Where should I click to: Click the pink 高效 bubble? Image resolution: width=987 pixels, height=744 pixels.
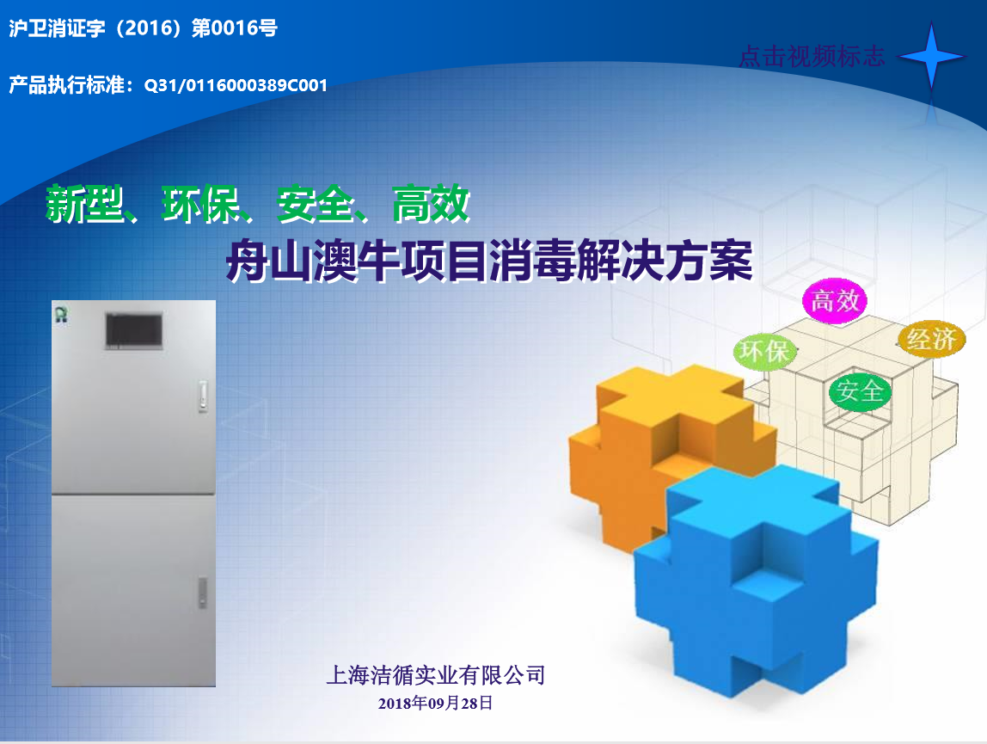(835, 300)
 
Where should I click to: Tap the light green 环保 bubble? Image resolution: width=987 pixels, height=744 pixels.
(765, 351)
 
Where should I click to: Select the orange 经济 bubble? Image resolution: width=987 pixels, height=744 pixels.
(932, 340)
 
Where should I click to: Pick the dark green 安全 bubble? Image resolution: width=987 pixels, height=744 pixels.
(859, 391)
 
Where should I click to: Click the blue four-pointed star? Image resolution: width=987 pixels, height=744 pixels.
(931, 57)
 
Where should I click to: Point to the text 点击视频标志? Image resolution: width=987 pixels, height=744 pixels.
(812, 56)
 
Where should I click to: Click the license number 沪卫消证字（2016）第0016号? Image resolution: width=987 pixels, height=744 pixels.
(143, 28)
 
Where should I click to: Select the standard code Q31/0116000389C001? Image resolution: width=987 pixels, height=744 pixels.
(236, 85)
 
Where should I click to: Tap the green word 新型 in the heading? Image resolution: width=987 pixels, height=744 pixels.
(84, 204)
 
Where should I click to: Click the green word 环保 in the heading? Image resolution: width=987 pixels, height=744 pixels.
(201, 204)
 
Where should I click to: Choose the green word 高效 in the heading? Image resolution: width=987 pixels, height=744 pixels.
(432, 204)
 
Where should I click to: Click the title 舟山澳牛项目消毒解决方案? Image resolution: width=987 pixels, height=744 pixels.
(490, 260)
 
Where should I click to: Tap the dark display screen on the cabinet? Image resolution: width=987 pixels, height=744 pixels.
(134, 331)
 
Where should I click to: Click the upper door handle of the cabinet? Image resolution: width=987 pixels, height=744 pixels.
(203, 396)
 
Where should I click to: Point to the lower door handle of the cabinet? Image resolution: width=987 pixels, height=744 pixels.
(203, 593)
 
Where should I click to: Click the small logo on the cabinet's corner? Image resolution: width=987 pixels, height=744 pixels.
(61, 314)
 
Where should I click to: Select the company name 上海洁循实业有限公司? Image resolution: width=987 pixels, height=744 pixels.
(436, 675)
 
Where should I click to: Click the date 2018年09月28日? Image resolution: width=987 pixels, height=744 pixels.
(436, 703)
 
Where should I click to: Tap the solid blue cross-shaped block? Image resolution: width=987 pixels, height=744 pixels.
(756, 582)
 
